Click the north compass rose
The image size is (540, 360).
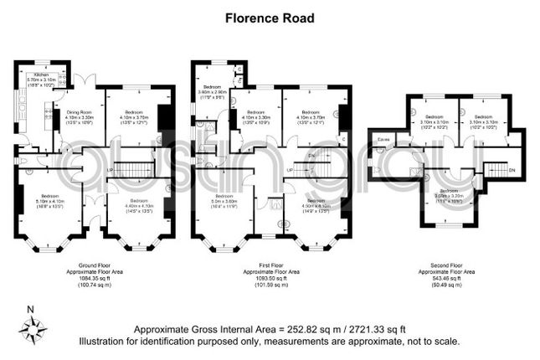(32, 330)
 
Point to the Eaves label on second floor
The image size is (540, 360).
(383, 139)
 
